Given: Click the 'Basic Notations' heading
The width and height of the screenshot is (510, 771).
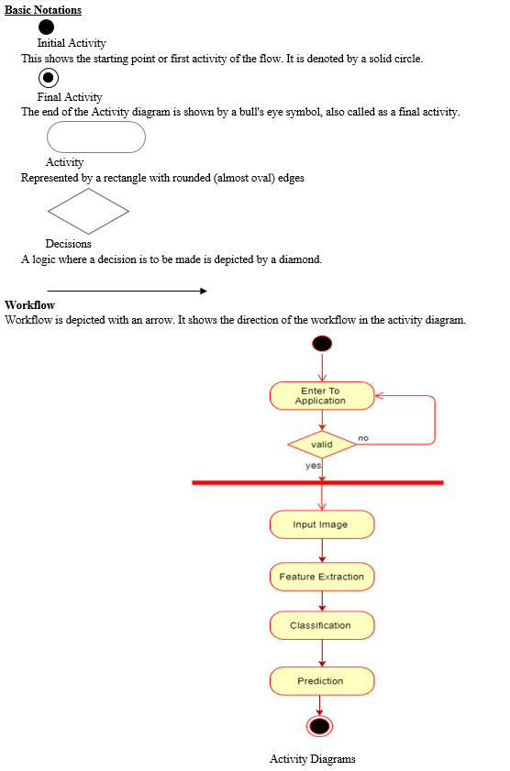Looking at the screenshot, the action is (x=43, y=10).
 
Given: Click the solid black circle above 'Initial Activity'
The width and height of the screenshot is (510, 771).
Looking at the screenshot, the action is (x=46, y=27).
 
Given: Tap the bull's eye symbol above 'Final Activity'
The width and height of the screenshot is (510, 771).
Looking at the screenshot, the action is (x=49, y=78).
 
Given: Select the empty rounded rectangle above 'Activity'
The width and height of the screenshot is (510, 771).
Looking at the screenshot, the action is (x=96, y=138).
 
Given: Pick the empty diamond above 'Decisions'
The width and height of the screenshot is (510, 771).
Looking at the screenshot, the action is (x=89, y=212).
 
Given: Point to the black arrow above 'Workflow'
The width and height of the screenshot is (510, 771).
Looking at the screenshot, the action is (x=127, y=292).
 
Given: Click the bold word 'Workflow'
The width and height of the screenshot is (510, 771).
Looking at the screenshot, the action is (x=29, y=305).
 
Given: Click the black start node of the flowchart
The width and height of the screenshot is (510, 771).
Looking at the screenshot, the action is (x=322, y=344).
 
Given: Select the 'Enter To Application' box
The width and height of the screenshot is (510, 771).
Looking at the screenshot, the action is (x=322, y=396).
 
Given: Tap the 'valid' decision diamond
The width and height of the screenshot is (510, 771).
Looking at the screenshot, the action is (x=322, y=445).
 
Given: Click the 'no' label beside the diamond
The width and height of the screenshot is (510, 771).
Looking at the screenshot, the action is (x=363, y=437).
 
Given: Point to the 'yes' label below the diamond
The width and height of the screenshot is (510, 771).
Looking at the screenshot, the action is (x=314, y=465).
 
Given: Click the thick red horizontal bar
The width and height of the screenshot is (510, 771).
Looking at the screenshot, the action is (x=317, y=483).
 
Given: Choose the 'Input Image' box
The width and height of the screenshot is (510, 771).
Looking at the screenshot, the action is (x=322, y=524).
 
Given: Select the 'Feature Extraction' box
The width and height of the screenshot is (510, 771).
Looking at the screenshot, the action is (x=322, y=577).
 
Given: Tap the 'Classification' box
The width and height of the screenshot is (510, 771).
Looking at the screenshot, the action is (x=322, y=625).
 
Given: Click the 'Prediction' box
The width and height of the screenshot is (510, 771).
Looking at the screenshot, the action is (x=322, y=681).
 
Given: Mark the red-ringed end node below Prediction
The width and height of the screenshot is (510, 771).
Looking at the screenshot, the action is (x=320, y=726).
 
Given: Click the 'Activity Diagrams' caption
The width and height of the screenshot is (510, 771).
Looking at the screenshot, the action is (x=312, y=759).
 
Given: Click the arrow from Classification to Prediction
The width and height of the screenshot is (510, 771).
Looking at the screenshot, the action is (x=322, y=654).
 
